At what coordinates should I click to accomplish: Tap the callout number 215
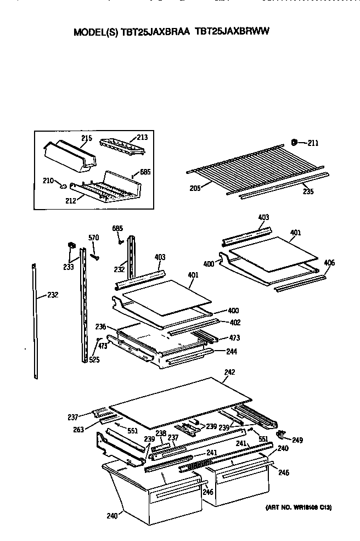86,138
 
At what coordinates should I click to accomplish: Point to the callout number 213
142,138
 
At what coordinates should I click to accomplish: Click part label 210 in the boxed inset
48,180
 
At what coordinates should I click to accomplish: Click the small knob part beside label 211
294,143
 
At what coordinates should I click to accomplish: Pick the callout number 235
308,192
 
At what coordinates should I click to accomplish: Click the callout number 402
234,323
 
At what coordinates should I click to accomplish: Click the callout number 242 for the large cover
229,373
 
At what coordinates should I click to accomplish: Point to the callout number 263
78,430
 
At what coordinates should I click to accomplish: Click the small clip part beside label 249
282,434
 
